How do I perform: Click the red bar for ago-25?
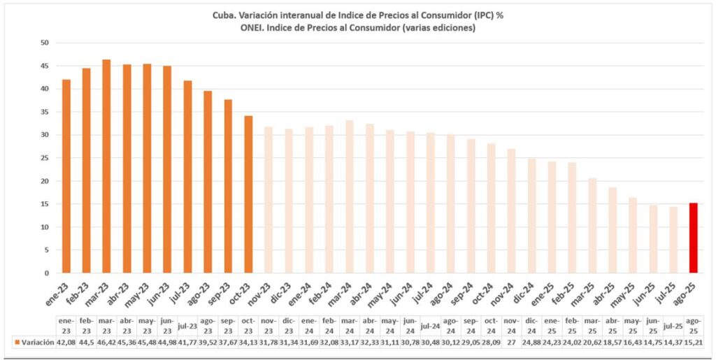point(694,238)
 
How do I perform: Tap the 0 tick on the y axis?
point(45,273)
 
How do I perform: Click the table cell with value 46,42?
point(106,343)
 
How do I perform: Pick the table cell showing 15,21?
point(694,343)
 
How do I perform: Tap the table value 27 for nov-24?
point(511,343)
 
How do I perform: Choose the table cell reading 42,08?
point(66,343)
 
